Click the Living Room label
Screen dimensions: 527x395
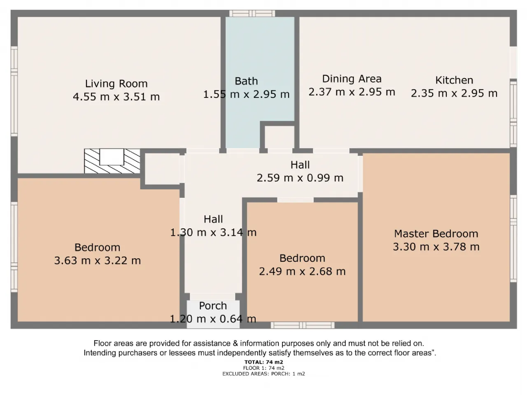(117, 84)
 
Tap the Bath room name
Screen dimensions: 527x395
(246, 81)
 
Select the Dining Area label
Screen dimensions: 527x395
(352, 79)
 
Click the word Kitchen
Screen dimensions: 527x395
(454, 80)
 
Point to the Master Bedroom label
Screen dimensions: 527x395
(436, 234)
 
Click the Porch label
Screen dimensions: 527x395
(213, 306)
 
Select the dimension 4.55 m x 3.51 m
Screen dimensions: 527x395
(116, 97)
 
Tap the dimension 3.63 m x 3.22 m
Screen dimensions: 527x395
(98, 260)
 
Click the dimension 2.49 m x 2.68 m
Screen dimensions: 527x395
(302, 271)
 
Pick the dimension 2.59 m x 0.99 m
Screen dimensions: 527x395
(300, 178)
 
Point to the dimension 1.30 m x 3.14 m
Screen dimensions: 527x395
(213, 232)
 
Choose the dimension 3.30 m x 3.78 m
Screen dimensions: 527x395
(436, 246)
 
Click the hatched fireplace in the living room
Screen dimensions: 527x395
(112, 161)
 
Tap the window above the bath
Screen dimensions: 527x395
(252, 14)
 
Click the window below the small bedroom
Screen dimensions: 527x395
(303, 325)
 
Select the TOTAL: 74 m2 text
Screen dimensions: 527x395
(263, 362)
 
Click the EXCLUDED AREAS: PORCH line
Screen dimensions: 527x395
(263, 374)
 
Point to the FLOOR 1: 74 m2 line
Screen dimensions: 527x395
(263, 368)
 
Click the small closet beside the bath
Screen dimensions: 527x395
(280, 137)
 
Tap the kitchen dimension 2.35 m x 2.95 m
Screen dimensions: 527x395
(454, 93)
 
